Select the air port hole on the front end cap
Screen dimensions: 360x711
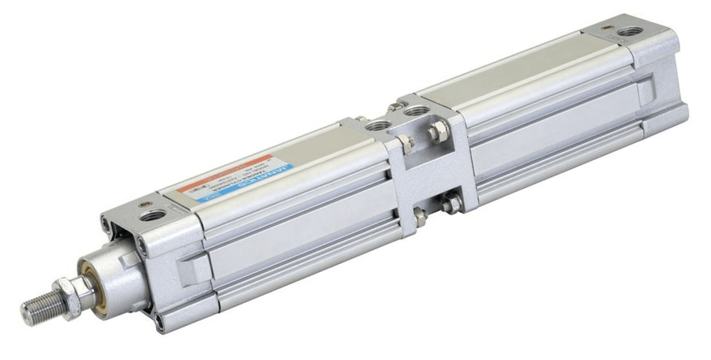click(152, 215)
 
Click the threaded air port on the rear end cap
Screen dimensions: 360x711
click(629, 31)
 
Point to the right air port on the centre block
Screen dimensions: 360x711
click(412, 112)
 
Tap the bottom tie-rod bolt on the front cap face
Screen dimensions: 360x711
click(160, 319)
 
